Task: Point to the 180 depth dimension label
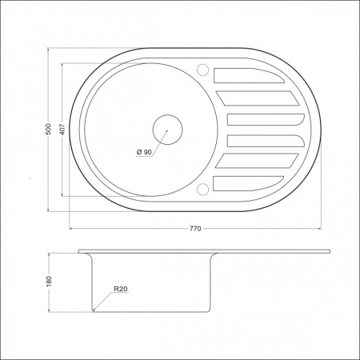pyautogui.click(x=49, y=282)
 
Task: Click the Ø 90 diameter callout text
pyautogui.click(x=144, y=153)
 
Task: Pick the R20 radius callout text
pyautogui.click(x=121, y=289)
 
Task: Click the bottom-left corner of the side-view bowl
pyautogui.click(x=94, y=310)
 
